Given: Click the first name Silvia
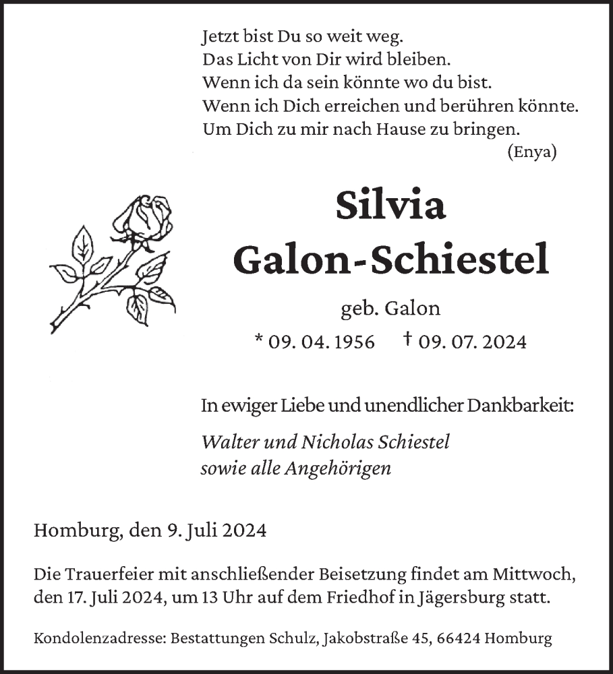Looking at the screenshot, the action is (390, 206).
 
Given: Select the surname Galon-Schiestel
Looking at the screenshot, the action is (390, 259).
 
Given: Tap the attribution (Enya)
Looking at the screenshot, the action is (531, 152).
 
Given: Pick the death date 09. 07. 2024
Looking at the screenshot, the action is (472, 342).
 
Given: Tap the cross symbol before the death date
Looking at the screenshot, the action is (407, 340).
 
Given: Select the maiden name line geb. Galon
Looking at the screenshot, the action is (390, 309).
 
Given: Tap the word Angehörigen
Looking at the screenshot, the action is (339, 468).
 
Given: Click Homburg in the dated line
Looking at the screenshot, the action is (75, 530).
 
